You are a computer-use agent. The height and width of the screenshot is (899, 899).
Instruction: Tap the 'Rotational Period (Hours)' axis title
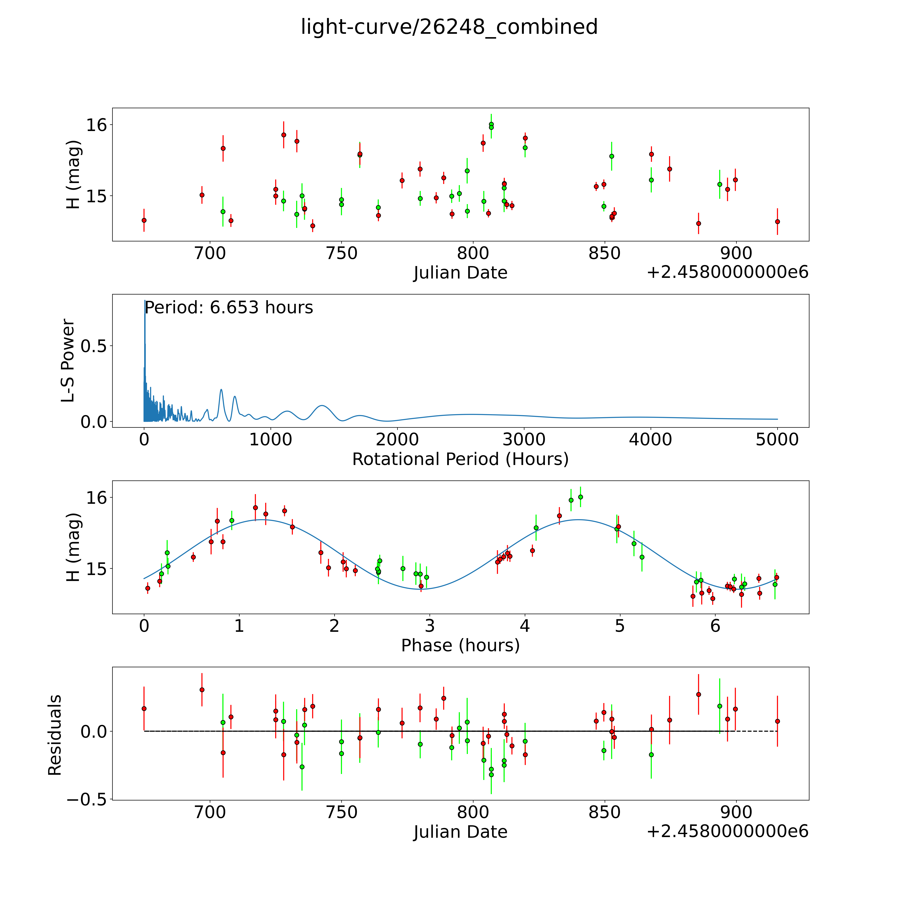[460, 459]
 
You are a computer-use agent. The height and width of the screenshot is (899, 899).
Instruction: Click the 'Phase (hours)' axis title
[460, 645]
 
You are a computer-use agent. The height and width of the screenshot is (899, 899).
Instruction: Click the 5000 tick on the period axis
[777, 439]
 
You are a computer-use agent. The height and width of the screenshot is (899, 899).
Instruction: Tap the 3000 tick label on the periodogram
[524, 439]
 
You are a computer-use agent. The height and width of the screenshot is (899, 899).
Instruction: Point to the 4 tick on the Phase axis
[525, 626]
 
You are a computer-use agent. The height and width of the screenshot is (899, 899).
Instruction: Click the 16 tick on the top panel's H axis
[96, 125]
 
